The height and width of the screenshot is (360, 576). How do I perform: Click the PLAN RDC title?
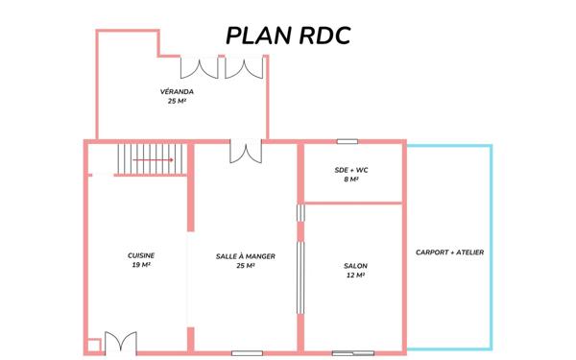point(287,36)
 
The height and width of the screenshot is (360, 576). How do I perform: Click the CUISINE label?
point(141,254)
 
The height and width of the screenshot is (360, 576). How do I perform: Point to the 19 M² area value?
point(141,264)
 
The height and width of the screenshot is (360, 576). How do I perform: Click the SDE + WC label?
point(350,170)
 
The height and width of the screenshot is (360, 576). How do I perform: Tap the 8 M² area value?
point(350,180)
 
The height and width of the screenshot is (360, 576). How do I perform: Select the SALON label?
point(355,266)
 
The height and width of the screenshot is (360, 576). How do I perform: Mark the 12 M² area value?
point(355,276)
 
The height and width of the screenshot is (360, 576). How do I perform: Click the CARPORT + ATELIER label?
point(449,252)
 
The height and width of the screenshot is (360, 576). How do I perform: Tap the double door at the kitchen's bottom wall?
point(122,343)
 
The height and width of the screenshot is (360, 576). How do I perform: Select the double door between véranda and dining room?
point(245,152)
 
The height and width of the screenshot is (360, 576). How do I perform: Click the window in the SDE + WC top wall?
point(347,142)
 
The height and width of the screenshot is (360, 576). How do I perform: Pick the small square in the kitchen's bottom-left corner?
point(93,346)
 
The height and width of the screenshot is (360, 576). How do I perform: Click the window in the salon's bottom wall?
point(352,353)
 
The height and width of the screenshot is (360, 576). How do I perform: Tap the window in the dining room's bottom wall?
point(247,353)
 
